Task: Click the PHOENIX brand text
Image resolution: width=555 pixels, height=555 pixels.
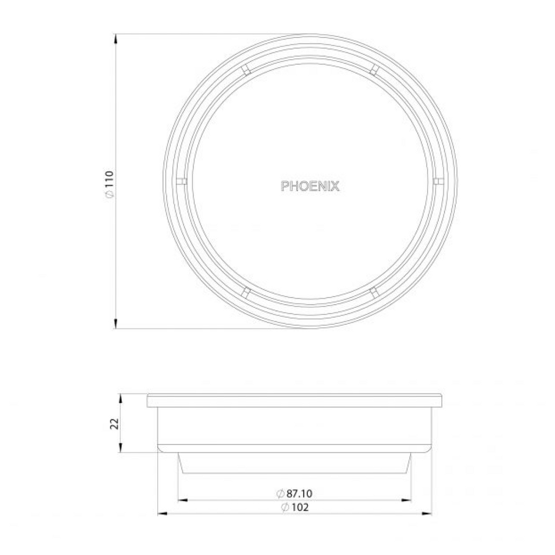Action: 310,186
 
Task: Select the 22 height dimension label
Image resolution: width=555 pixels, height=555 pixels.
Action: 114,423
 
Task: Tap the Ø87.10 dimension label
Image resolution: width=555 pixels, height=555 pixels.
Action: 295,494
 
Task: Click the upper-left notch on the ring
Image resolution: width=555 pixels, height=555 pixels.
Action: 246,69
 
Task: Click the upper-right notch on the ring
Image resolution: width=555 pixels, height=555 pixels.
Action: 374,68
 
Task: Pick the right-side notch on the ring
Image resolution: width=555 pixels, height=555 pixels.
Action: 438,180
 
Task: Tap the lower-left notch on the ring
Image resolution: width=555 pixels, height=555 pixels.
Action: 246,293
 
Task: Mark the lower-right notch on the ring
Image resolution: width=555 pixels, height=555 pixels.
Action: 374,293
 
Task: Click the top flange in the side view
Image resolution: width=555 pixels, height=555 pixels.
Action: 294,401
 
